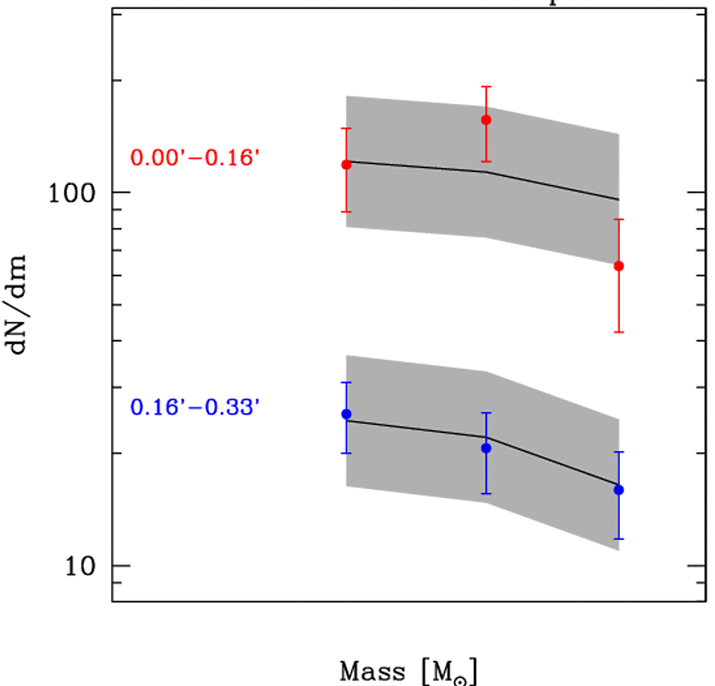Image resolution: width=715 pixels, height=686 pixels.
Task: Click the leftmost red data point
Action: tap(347, 165)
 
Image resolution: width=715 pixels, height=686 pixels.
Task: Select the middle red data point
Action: tap(485, 119)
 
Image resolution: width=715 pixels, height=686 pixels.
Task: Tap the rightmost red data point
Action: tap(619, 265)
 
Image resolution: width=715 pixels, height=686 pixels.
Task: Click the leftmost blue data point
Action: tap(347, 414)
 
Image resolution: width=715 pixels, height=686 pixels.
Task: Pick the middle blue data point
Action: tap(485, 448)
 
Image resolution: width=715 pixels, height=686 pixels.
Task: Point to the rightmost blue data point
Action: tap(619, 489)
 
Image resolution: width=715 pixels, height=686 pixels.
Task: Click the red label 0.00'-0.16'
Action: tap(194, 157)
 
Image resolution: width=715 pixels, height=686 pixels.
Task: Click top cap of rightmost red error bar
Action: tap(619, 219)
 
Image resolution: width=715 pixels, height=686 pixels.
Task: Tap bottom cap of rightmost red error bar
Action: tap(619, 332)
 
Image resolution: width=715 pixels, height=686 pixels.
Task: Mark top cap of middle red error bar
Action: tap(485, 86)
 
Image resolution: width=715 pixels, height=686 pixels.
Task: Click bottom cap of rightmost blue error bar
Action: tap(619, 539)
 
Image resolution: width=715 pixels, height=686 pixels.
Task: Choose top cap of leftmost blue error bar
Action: tap(347, 382)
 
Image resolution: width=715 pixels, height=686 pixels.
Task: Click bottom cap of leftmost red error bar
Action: tap(347, 212)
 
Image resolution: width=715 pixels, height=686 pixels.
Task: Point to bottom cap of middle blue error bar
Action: tap(485, 494)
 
